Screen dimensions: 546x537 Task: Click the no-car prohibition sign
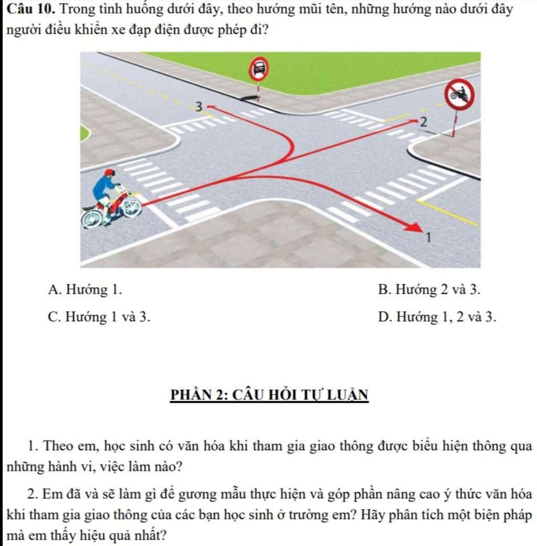click(259, 67)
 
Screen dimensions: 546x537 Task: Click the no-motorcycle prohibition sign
click(459, 94)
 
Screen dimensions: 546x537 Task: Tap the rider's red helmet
click(109, 173)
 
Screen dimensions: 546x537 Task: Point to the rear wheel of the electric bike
click(92, 217)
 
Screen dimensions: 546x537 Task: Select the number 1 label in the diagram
click(428, 239)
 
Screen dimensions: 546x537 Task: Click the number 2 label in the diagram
click(424, 123)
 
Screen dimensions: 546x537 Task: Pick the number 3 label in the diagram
click(198, 107)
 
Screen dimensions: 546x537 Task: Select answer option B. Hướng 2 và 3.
click(428, 289)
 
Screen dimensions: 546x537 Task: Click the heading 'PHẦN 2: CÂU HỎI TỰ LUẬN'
click(269, 394)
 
